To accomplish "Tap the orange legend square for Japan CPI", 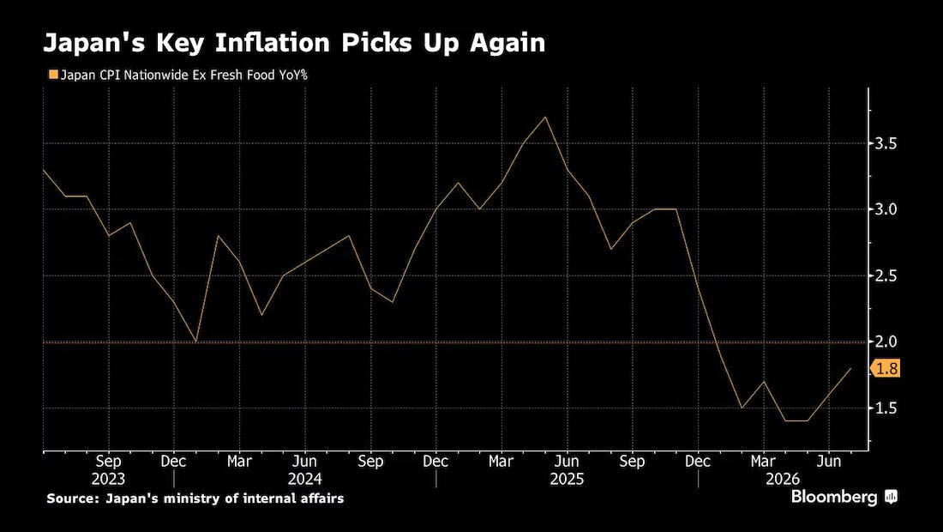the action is (53, 76).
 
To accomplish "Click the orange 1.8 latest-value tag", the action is (886, 368).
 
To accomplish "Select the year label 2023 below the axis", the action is (108, 479).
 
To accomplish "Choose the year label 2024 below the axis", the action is (305, 479).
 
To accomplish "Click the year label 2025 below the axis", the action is (567, 479).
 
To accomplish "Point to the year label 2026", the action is (783, 479).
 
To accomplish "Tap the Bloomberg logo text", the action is (834, 497).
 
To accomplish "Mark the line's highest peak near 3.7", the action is (545, 117).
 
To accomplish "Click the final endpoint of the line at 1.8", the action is (850, 368).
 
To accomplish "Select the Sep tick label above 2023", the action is (108, 462).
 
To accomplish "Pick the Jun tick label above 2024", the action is (305, 462).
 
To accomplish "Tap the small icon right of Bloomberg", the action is (892, 497).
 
